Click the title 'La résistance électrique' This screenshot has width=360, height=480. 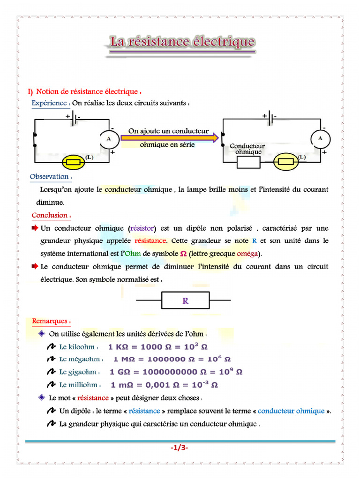tap(182, 42)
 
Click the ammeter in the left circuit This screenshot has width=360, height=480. tap(109, 139)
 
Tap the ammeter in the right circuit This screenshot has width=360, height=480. tap(321, 139)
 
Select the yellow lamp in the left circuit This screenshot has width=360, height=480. tap(74, 162)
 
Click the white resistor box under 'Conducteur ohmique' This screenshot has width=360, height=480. tap(248, 162)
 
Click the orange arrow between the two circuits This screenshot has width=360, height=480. tap(169, 138)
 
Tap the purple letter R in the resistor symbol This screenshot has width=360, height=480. tap(186, 301)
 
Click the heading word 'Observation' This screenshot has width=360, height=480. tap(49, 177)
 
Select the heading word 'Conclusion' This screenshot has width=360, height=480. tap(50, 215)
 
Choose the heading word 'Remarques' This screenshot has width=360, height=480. tap(50, 321)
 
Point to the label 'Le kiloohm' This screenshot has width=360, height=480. tap(77, 347)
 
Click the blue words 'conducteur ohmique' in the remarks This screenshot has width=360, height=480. tap(291, 411)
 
